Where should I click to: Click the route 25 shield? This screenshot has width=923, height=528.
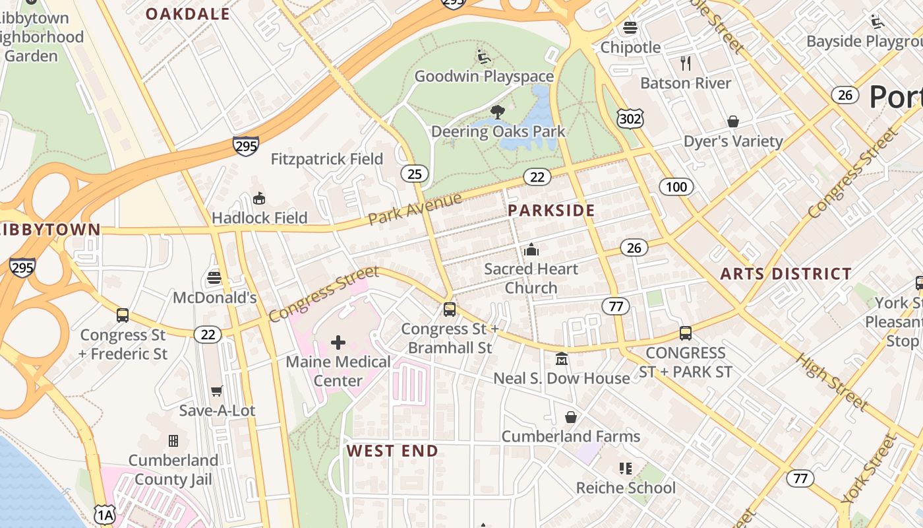click(x=414, y=174)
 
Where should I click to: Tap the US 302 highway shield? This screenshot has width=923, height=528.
click(x=630, y=119)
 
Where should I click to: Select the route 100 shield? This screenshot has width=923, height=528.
click(x=676, y=187)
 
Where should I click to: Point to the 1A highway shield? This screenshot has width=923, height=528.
click(x=104, y=514)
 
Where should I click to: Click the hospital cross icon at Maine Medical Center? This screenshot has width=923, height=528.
click(x=338, y=342)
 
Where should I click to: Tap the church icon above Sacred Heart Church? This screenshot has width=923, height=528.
click(x=531, y=249)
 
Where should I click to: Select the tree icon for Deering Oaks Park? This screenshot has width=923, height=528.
click(x=498, y=112)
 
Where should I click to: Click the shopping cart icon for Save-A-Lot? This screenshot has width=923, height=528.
click(x=216, y=391)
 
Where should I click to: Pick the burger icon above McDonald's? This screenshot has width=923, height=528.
click(x=214, y=278)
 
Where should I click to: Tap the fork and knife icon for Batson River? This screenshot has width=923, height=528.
click(x=686, y=63)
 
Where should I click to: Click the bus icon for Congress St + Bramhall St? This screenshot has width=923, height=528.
click(x=450, y=309)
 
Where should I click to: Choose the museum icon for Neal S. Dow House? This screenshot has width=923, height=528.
click(x=562, y=358)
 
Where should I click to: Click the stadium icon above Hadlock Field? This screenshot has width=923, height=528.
click(x=259, y=198)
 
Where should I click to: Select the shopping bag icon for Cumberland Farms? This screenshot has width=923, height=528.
click(x=571, y=417)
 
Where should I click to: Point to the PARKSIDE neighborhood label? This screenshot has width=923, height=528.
click(x=551, y=211)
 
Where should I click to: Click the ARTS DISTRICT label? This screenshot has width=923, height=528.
click(x=786, y=273)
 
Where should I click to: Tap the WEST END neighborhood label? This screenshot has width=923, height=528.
click(x=392, y=451)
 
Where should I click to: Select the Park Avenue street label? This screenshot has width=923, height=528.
click(x=415, y=209)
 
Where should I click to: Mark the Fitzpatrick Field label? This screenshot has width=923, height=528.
click(x=327, y=159)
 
